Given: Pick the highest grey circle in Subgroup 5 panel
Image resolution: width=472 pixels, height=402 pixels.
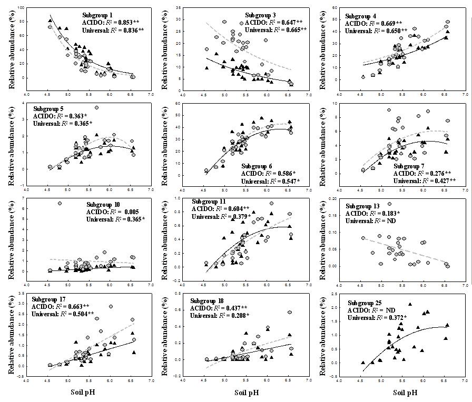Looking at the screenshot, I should tap(97, 108).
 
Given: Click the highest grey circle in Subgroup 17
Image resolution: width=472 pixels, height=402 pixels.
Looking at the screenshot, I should tap(111, 306).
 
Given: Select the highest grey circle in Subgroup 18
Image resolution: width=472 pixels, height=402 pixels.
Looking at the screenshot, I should tap(290, 312).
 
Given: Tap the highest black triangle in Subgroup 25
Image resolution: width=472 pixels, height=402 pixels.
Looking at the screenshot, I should tap(410, 304).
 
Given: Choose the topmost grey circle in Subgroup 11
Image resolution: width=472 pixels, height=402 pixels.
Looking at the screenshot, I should tap(271, 203).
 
